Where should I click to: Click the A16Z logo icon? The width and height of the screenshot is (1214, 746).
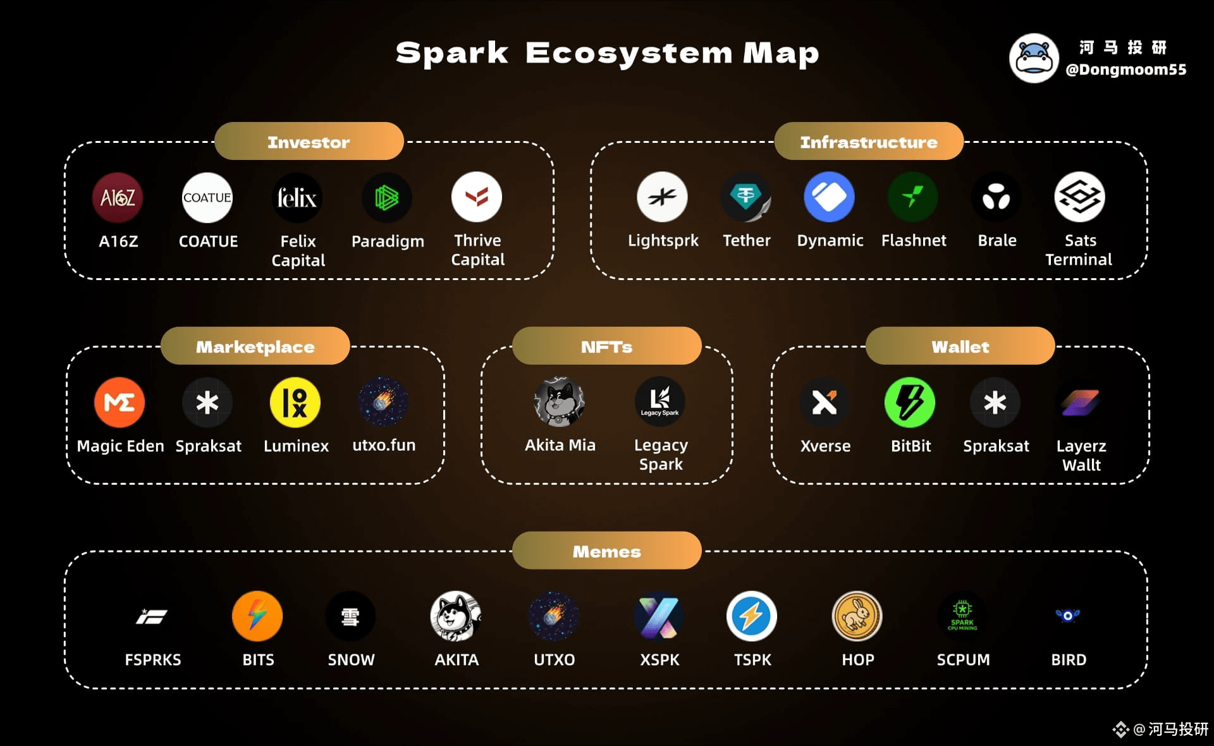[x=118, y=198]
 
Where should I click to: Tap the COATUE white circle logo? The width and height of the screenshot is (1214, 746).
[x=207, y=198]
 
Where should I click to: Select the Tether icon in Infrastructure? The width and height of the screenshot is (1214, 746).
[x=746, y=197]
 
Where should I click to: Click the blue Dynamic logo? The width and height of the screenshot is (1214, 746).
[x=829, y=197]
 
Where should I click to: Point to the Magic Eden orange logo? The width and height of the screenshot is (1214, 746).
[x=119, y=402]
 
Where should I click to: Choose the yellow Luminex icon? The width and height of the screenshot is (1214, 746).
[x=295, y=402]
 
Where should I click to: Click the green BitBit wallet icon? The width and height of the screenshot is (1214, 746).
[x=910, y=402]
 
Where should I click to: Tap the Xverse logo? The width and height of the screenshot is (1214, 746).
[x=825, y=402]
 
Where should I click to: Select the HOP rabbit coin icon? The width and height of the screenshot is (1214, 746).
[x=857, y=616]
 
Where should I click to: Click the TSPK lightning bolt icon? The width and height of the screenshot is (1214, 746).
[x=751, y=616]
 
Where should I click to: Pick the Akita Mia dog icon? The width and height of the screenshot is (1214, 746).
[x=560, y=402]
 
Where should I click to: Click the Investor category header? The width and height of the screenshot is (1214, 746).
[x=309, y=142]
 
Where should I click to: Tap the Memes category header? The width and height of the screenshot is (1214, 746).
[x=606, y=551]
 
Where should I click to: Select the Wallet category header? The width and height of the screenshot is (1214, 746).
[x=960, y=346]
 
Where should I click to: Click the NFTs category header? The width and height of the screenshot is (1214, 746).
[x=606, y=346]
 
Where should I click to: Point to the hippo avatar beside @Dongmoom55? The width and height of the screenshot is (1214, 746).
[x=1034, y=58]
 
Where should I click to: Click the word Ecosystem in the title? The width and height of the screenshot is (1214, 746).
[x=628, y=53]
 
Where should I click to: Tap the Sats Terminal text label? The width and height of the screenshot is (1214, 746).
[x=1079, y=250]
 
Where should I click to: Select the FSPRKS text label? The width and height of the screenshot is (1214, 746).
[x=153, y=659]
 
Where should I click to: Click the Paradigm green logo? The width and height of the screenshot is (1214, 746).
[x=387, y=198]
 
